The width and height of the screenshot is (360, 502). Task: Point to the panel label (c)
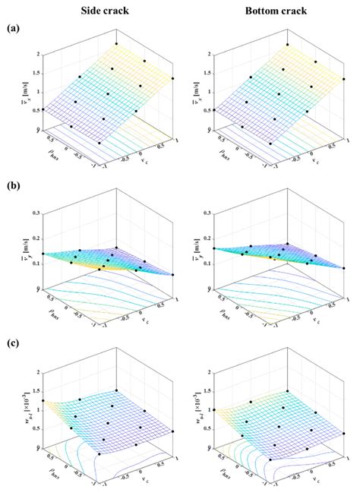[13, 343]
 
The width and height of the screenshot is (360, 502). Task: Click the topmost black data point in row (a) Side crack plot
[116, 43]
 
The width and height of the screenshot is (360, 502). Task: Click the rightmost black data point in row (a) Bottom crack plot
[344, 78]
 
